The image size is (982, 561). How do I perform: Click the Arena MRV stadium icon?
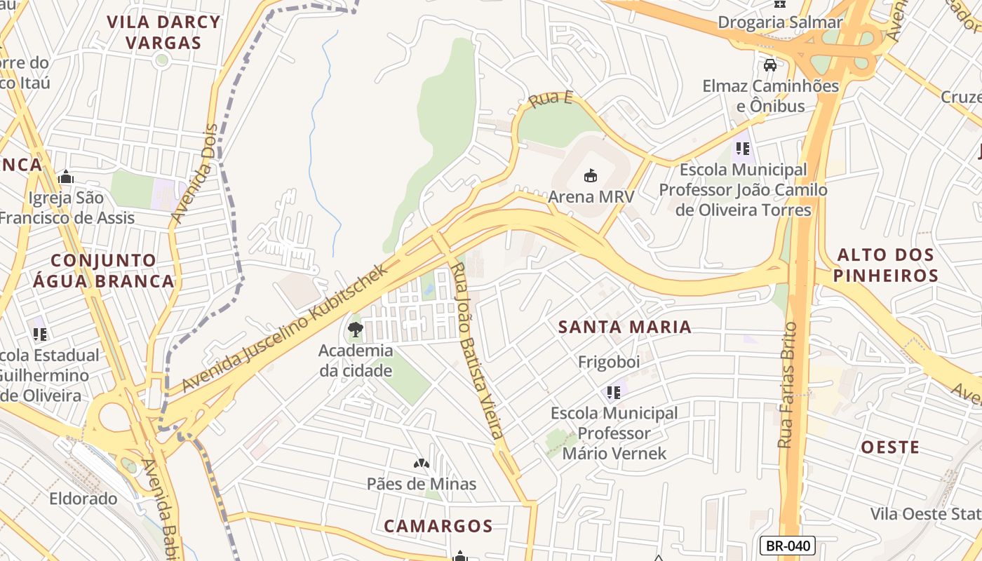click(x=591, y=175)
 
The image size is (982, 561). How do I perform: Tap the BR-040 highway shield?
click(x=787, y=546)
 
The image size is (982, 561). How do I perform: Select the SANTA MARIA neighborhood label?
click(x=625, y=327)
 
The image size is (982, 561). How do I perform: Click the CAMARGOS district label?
click(x=438, y=526)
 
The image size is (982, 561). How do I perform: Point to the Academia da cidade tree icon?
click(x=356, y=329)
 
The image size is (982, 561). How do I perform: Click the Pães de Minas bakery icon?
click(x=421, y=464)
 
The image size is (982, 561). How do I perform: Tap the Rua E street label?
click(x=551, y=99)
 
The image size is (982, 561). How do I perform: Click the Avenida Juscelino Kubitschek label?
click(x=284, y=328)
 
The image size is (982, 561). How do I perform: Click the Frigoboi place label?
click(x=609, y=362)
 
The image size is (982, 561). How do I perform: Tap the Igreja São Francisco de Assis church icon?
click(x=66, y=177)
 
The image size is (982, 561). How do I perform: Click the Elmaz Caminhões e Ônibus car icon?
click(x=770, y=65)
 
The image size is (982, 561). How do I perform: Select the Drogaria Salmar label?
click(x=779, y=22)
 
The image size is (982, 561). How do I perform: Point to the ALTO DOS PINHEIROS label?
click(x=886, y=265)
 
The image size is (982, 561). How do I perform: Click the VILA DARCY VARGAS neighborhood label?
click(x=163, y=32)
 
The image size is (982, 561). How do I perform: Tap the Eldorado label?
click(x=83, y=499)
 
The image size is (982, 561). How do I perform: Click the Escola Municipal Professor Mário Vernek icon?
click(x=614, y=392)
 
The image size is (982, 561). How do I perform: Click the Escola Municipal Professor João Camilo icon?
click(x=743, y=149)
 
